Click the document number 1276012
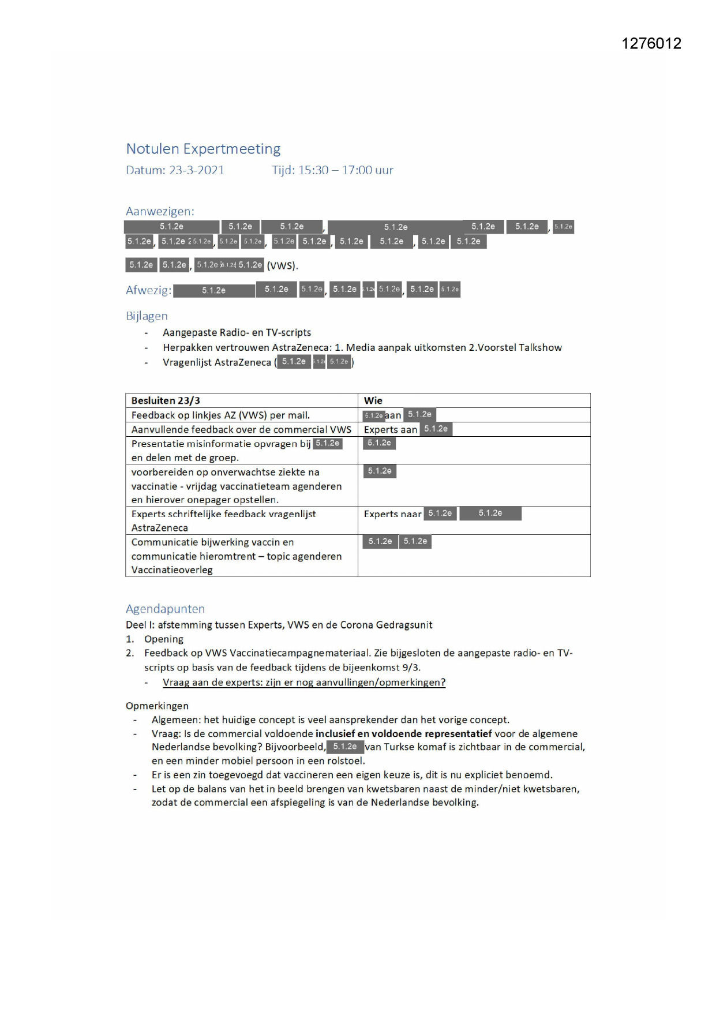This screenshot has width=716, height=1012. [x=651, y=44]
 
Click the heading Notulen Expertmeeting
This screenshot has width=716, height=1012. [x=203, y=149]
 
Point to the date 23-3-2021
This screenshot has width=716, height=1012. [x=196, y=170]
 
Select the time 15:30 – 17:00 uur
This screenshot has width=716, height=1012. [x=345, y=170]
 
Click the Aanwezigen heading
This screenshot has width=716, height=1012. [x=160, y=211]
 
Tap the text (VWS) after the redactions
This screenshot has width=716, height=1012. [x=282, y=266]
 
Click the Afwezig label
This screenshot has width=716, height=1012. [x=148, y=290]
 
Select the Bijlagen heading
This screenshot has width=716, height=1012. [x=147, y=316]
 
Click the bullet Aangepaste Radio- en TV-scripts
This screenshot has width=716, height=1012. [x=237, y=333]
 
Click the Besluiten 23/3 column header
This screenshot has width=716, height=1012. [x=166, y=400]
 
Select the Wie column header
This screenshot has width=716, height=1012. [x=373, y=400]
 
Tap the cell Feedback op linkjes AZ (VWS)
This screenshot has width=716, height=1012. [x=220, y=415]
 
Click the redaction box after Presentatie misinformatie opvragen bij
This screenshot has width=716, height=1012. [x=328, y=444]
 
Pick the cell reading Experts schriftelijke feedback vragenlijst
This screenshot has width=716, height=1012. [x=223, y=514]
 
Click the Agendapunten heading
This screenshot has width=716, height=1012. [x=165, y=609]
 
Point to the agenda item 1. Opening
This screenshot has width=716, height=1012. [x=164, y=639]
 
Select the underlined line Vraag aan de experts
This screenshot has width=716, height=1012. [x=304, y=683]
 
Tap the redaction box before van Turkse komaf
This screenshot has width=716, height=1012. [x=345, y=747]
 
